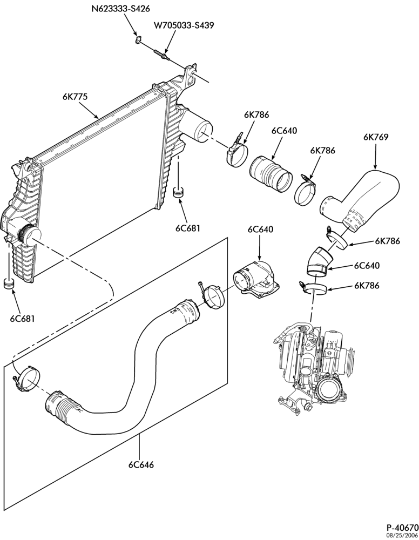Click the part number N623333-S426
[120, 8]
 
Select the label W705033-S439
[184, 25]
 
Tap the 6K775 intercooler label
[75, 97]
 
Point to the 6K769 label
[376, 137]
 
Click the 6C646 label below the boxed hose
[141, 464]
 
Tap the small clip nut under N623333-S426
[138, 39]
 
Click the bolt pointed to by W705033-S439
[162, 55]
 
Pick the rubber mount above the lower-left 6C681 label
[9, 284]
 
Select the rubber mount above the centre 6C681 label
[178, 192]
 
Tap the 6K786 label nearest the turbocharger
[367, 286]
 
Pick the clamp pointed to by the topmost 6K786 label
[238, 152]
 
